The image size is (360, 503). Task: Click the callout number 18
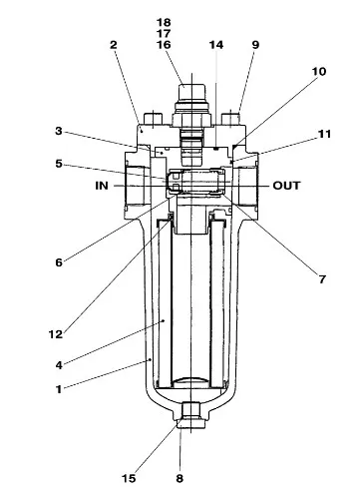pyautogui.click(x=164, y=23)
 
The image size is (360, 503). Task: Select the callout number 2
pyautogui.click(x=114, y=45)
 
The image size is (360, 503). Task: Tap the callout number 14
pyautogui.click(x=216, y=45)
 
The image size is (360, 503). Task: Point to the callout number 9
pyautogui.click(x=255, y=45)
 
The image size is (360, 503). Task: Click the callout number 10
pyautogui.click(x=319, y=71)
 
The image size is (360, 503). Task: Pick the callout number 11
pyautogui.click(x=325, y=134)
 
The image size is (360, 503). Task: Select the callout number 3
pyautogui.click(x=59, y=131)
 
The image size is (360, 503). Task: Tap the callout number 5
pyautogui.click(x=59, y=164)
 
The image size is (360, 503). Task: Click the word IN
pyautogui.click(x=102, y=186)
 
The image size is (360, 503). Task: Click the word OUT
pyautogui.click(x=286, y=186)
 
